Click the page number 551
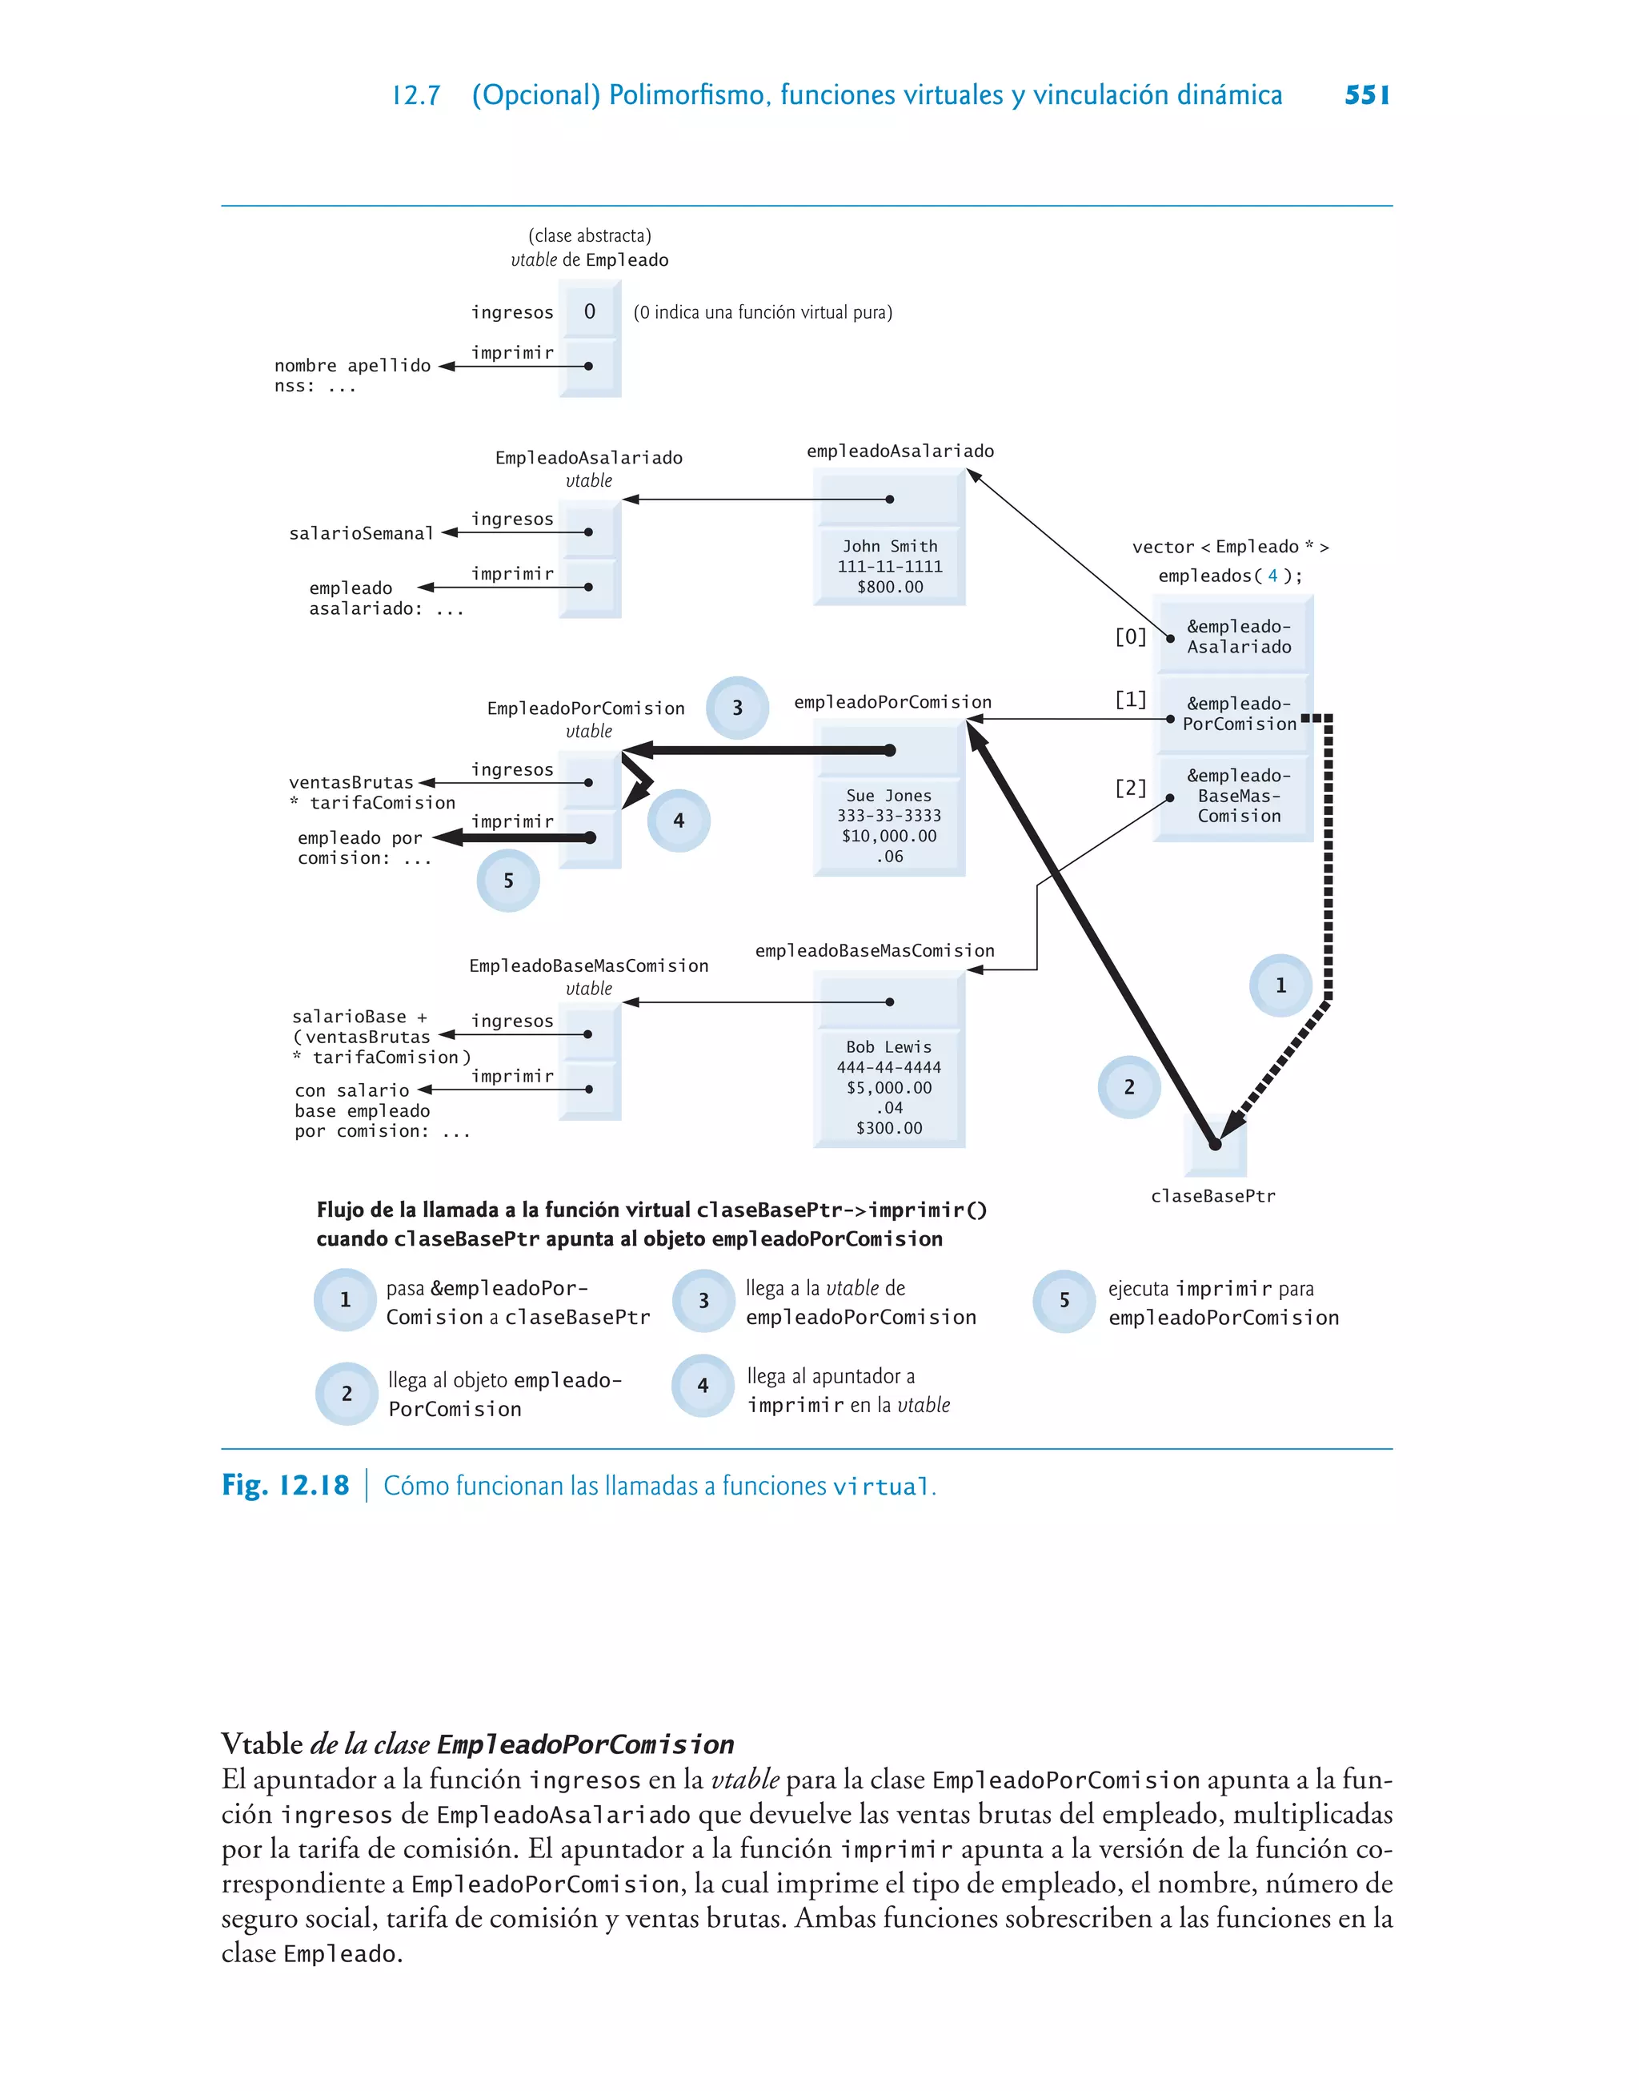click(x=1366, y=95)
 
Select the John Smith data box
click(x=890, y=566)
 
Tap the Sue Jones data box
click(x=890, y=825)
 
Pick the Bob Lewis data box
click(x=890, y=1086)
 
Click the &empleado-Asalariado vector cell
click(x=1238, y=636)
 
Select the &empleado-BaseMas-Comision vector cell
click(x=1238, y=796)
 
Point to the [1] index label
click(x=1130, y=700)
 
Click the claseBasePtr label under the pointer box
click(x=1213, y=1196)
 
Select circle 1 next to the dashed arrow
click(x=1280, y=985)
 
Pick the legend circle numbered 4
click(x=703, y=1386)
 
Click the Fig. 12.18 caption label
click(x=286, y=1486)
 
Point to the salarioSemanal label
click(x=362, y=533)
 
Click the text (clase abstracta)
click(x=589, y=235)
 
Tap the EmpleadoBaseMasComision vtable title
click(x=588, y=966)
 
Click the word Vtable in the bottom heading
click(x=262, y=1743)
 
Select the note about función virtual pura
click(x=763, y=312)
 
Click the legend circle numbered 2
click(x=347, y=1394)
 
